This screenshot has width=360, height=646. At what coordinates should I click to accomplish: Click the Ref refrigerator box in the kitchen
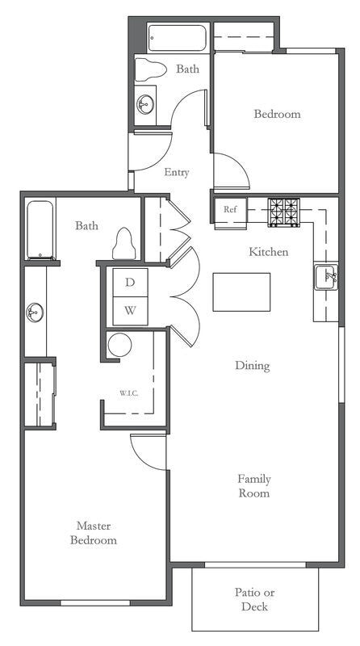(230, 210)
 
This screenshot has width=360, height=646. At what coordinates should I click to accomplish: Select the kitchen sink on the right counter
(327, 277)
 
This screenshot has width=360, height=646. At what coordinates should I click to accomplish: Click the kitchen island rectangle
(241, 292)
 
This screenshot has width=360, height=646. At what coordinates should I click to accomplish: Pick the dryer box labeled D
(130, 283)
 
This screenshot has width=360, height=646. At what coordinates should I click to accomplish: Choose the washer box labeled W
(130, 310)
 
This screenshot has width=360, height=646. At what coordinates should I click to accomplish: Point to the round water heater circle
(119, 346)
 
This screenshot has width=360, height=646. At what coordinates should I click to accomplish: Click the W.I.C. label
(129, 393)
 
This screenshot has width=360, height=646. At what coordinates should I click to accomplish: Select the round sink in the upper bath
(145, 103)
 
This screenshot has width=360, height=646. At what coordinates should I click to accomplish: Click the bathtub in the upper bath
(178, 38)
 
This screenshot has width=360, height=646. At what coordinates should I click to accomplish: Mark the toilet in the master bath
(123, 243)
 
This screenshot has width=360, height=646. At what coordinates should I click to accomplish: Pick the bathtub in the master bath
(40, 229)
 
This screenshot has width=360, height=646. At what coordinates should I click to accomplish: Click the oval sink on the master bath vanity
(35, 312)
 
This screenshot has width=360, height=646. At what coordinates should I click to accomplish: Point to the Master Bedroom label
(93, 532)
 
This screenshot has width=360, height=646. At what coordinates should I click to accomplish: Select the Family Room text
(253, 485)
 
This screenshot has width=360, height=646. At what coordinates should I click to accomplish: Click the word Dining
(252, 366)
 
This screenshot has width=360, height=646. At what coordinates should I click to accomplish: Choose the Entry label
(177, 172)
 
